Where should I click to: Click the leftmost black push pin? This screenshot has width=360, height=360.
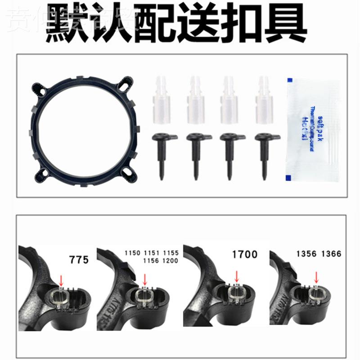tap(162, 153)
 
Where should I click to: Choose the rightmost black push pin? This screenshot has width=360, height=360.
tap(265, 153)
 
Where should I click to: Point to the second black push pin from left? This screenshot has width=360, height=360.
tap(196, 153)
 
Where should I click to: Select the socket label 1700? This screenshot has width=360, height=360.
tap(244, 255)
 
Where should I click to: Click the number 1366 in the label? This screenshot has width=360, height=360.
tap(332, 254)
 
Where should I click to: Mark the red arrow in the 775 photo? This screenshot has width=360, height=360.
tap(62, 280)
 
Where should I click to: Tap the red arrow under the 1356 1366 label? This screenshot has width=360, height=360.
tap(316, 277)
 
